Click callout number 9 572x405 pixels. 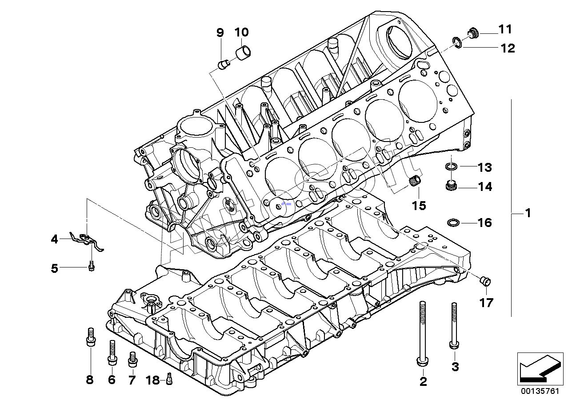pos(220,32)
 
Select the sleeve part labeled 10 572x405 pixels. pos(243,52)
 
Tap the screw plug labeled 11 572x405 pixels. pos(473,33)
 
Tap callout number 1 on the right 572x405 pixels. pos(528,214)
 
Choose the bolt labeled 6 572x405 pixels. pos(112,352)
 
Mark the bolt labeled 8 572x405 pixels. pos(90,338)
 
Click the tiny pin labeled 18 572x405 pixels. pos(169,380)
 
